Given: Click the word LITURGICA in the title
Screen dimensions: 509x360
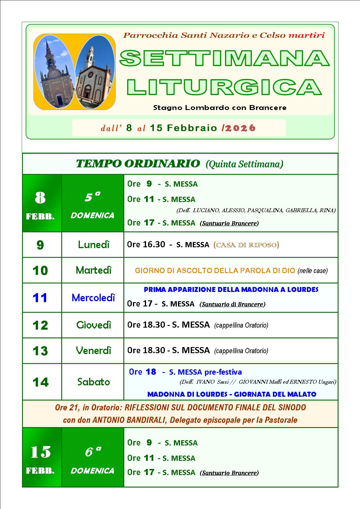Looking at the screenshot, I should pos(224,86).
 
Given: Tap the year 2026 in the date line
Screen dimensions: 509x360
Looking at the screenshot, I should pos(240,128).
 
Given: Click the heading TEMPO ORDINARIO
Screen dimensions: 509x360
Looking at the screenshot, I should pos(138,164).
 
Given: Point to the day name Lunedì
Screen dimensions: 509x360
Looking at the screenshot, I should pos(93,245).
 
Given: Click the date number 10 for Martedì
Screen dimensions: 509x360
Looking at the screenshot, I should pos(40,270).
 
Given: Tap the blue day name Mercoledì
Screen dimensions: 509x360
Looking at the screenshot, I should pos(93,297).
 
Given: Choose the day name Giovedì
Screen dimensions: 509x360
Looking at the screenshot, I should pos(93,325).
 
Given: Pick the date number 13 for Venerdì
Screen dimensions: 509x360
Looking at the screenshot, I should pos(40,351).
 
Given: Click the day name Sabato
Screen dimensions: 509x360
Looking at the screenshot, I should pos(93,382).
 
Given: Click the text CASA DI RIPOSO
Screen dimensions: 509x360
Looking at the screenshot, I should pos(246,245).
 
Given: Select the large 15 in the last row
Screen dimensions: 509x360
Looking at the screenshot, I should pos(40,452).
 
